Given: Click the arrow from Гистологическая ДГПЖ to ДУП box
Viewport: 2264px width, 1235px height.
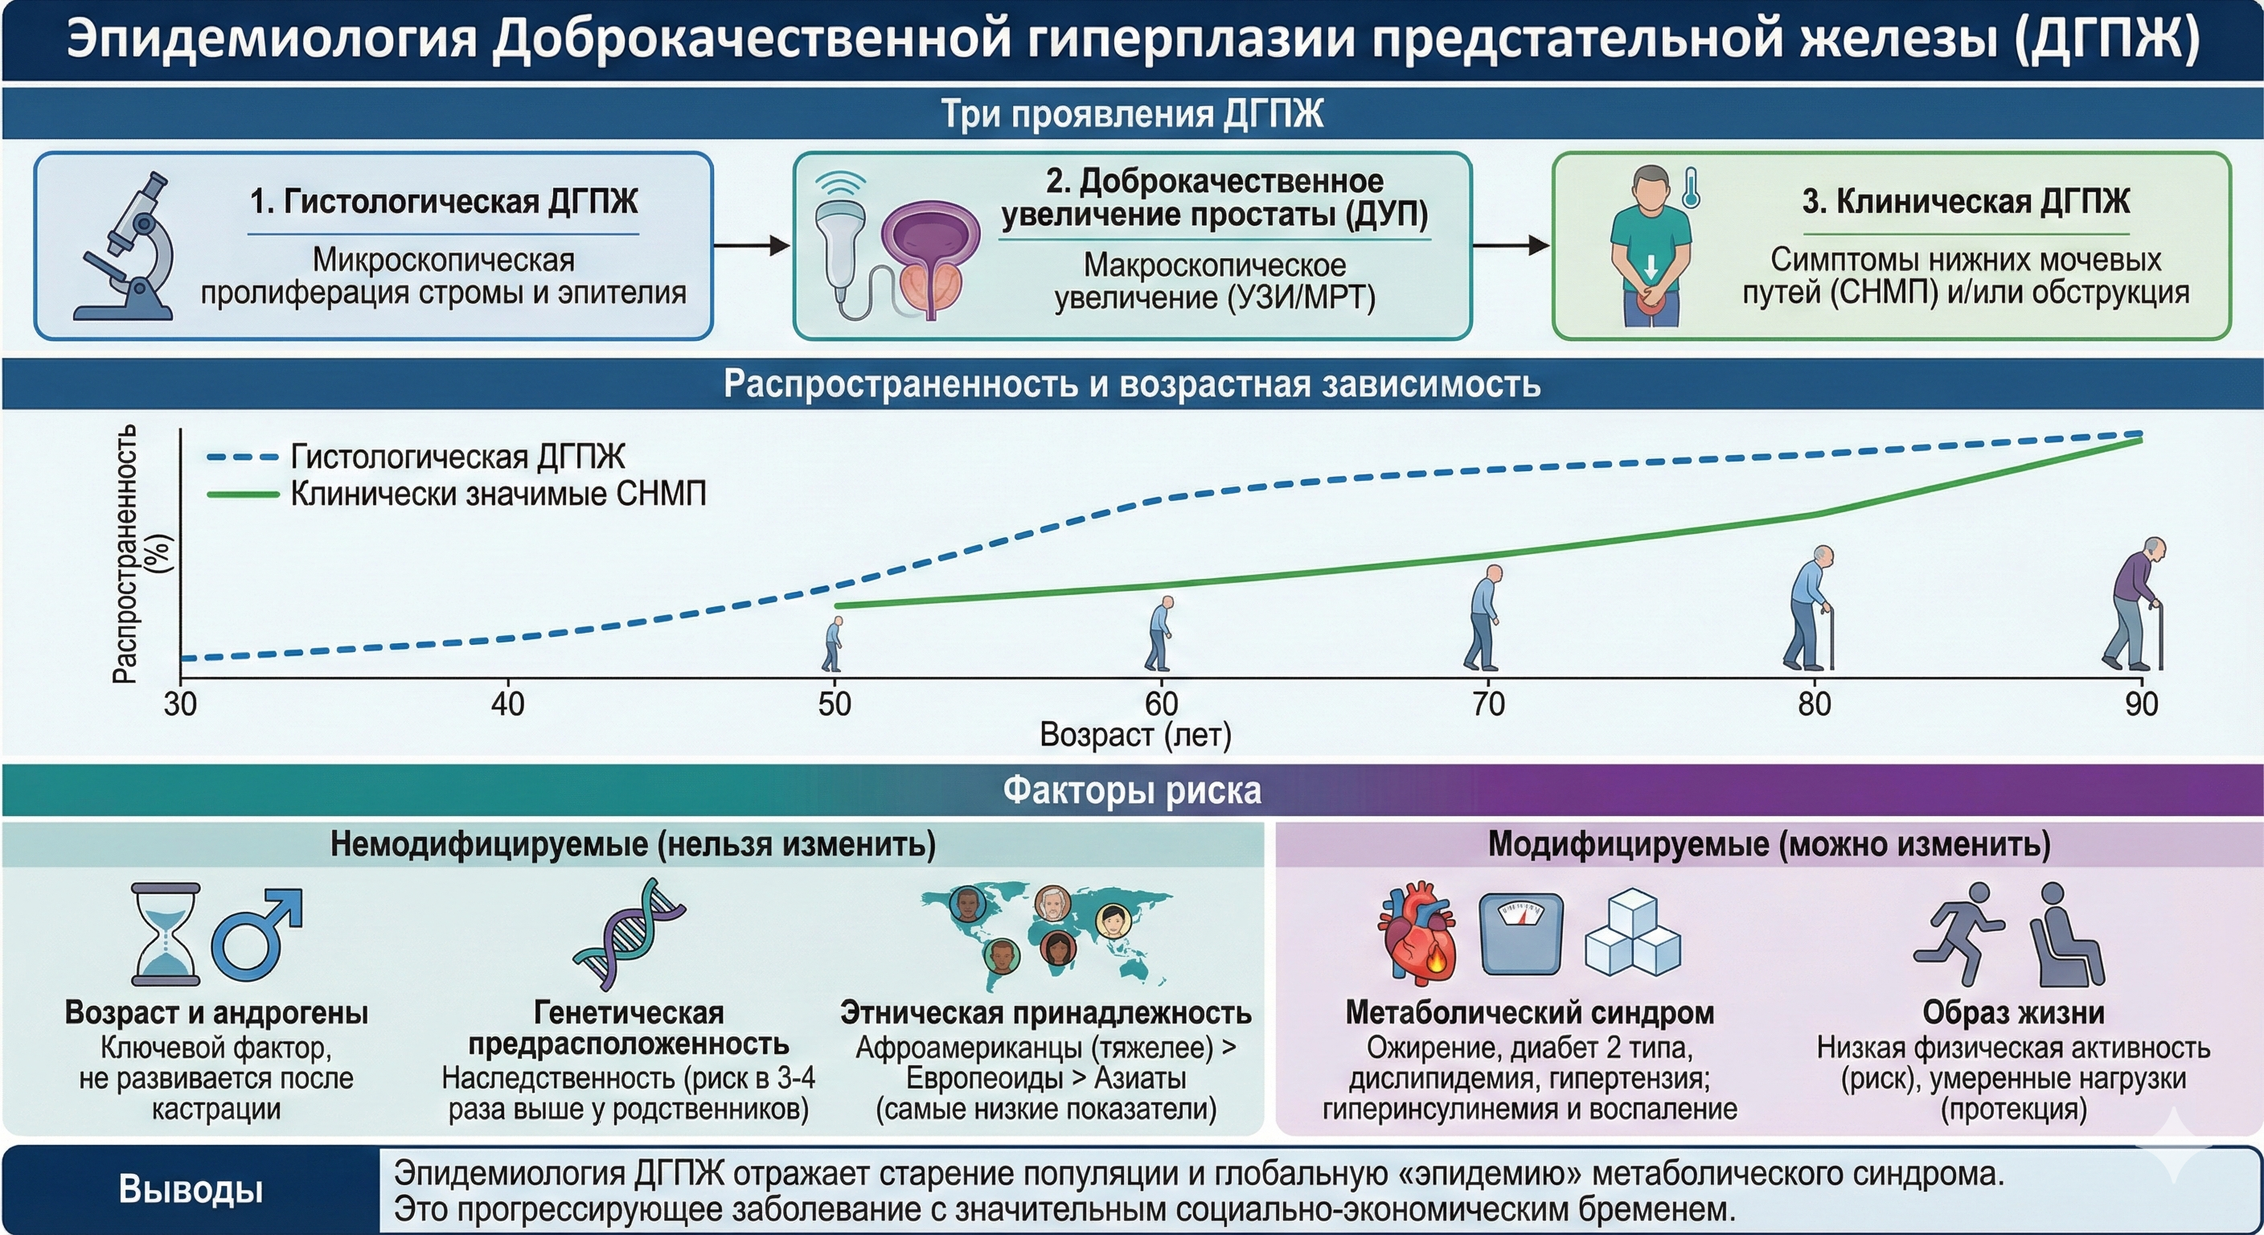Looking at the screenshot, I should (x=753, y=245).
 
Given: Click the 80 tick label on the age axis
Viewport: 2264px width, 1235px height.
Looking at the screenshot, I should (x=1814, y=704).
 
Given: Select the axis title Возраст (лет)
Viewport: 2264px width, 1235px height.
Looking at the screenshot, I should (x=1134, y=735).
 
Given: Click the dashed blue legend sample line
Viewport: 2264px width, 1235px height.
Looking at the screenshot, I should (x=242, y=457).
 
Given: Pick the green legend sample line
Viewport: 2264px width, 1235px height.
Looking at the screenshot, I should (x=242, y=494).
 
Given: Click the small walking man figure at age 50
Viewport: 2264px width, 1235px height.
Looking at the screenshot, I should (x=832, y=644).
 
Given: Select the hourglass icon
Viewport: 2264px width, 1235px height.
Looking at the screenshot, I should (x=166, y=934).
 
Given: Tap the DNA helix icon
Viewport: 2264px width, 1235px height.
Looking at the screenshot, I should (x=630, y=934).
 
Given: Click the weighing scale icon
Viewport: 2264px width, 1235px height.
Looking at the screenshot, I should (x=1520, y=934).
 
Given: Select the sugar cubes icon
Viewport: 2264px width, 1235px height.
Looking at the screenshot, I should (x=1632, y=934).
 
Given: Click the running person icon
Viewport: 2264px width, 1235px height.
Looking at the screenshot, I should (x=1958, y=934).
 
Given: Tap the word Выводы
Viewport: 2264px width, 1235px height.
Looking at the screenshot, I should (x=191, y=1189).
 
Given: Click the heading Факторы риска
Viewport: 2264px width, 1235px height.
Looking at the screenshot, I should (x=1132, y=790).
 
